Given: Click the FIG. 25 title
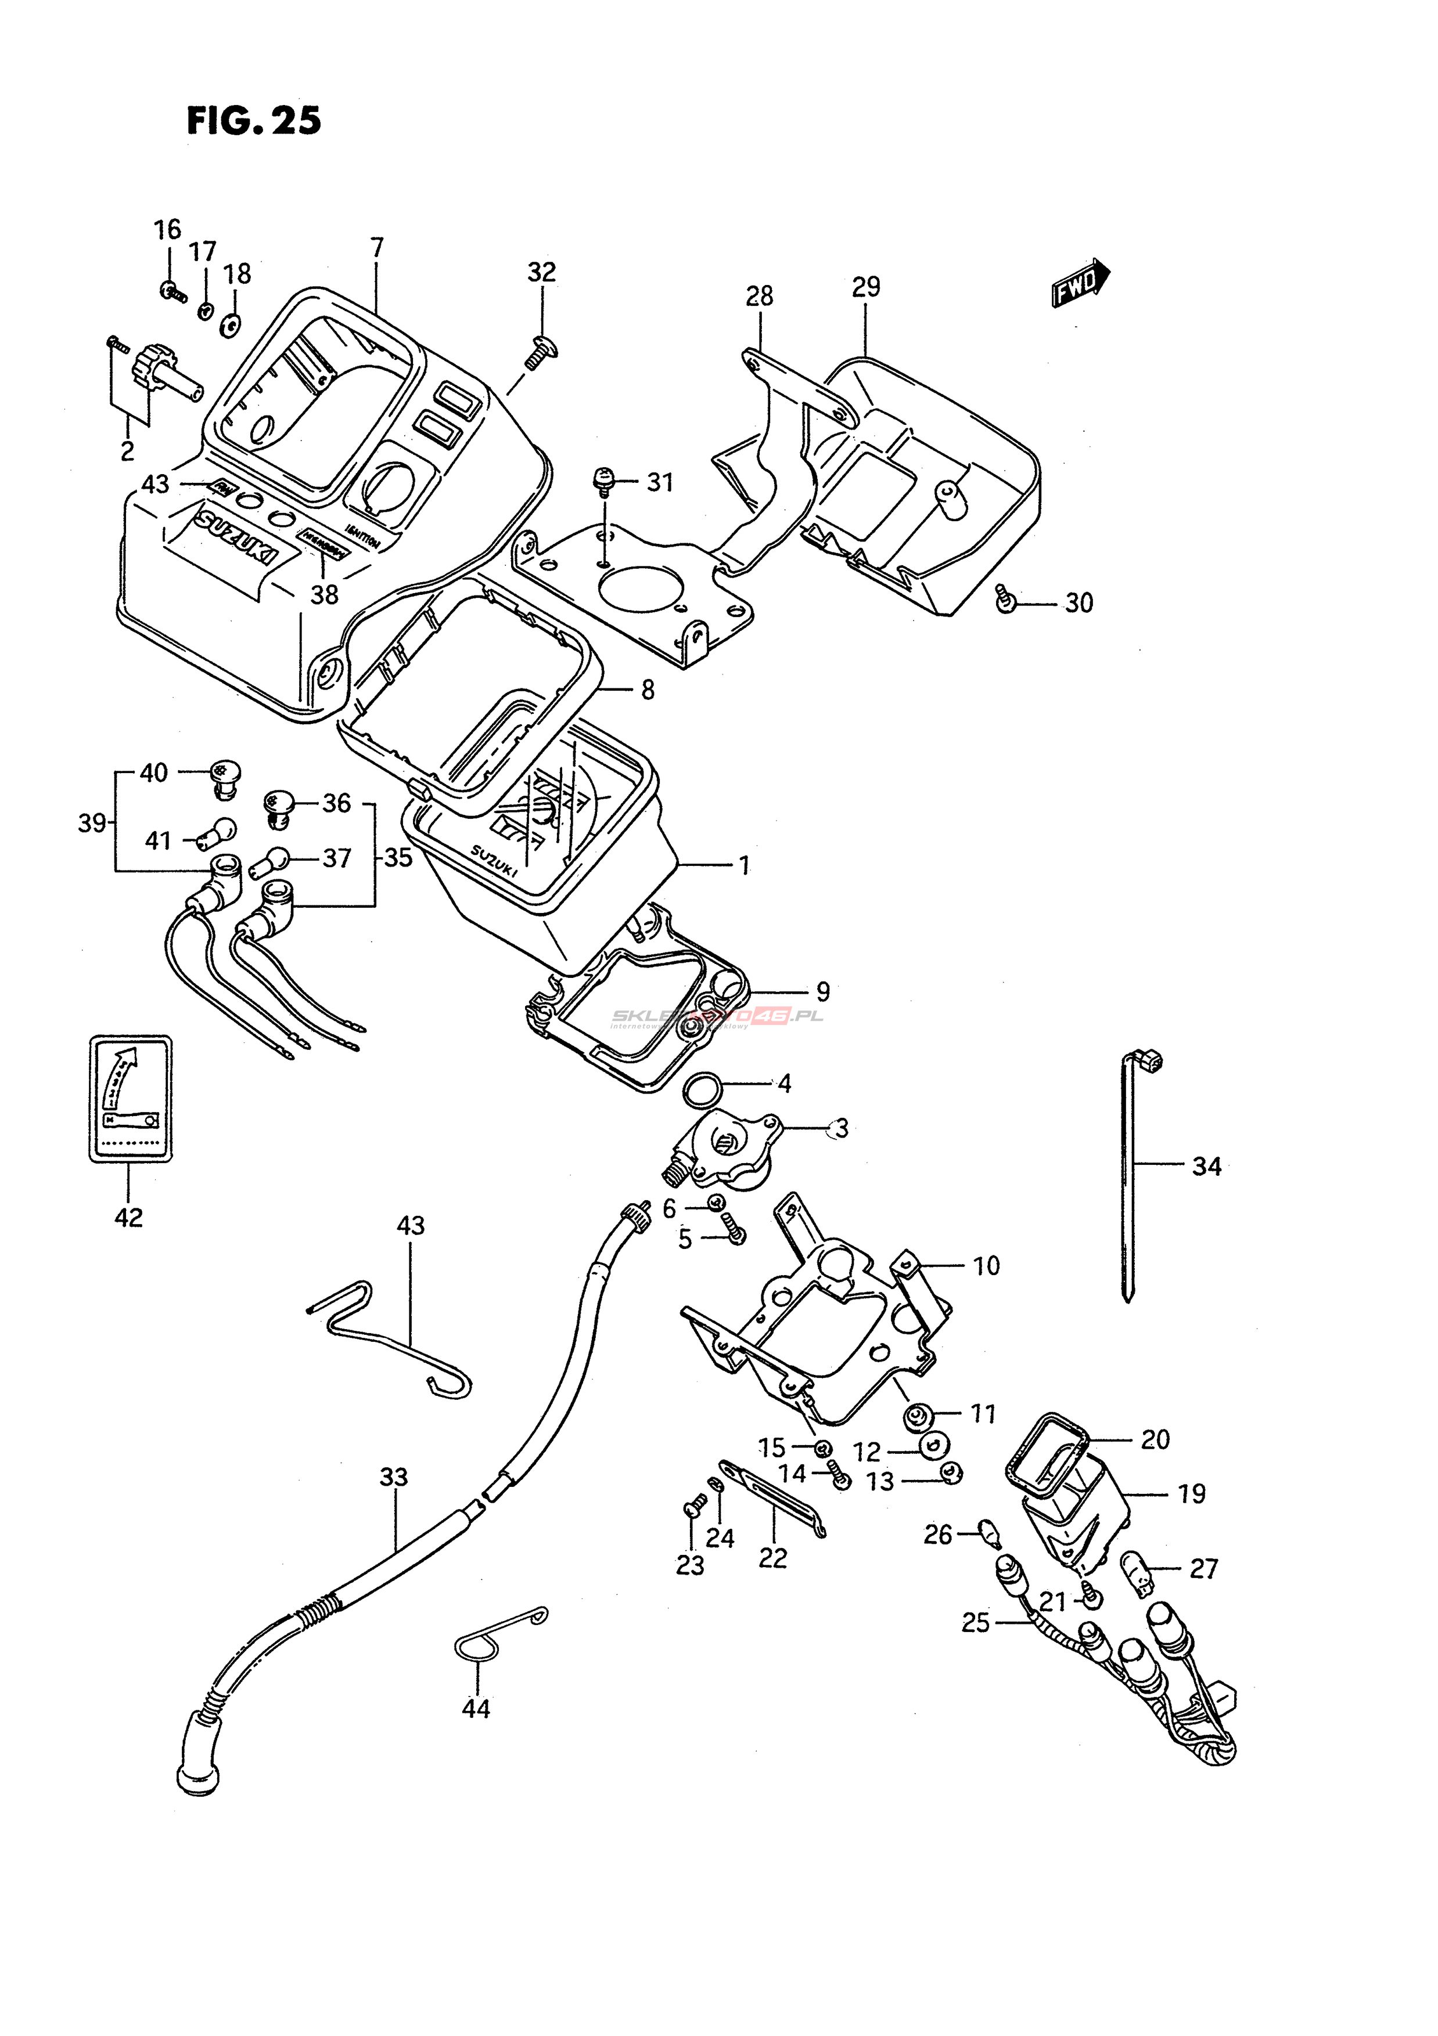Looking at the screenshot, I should (x=254, y=121).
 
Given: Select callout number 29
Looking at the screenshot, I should (x=866, y=287).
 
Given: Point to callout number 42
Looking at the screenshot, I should (x=128, y=1218).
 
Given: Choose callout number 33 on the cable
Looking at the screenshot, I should (x=393, y=1477).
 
